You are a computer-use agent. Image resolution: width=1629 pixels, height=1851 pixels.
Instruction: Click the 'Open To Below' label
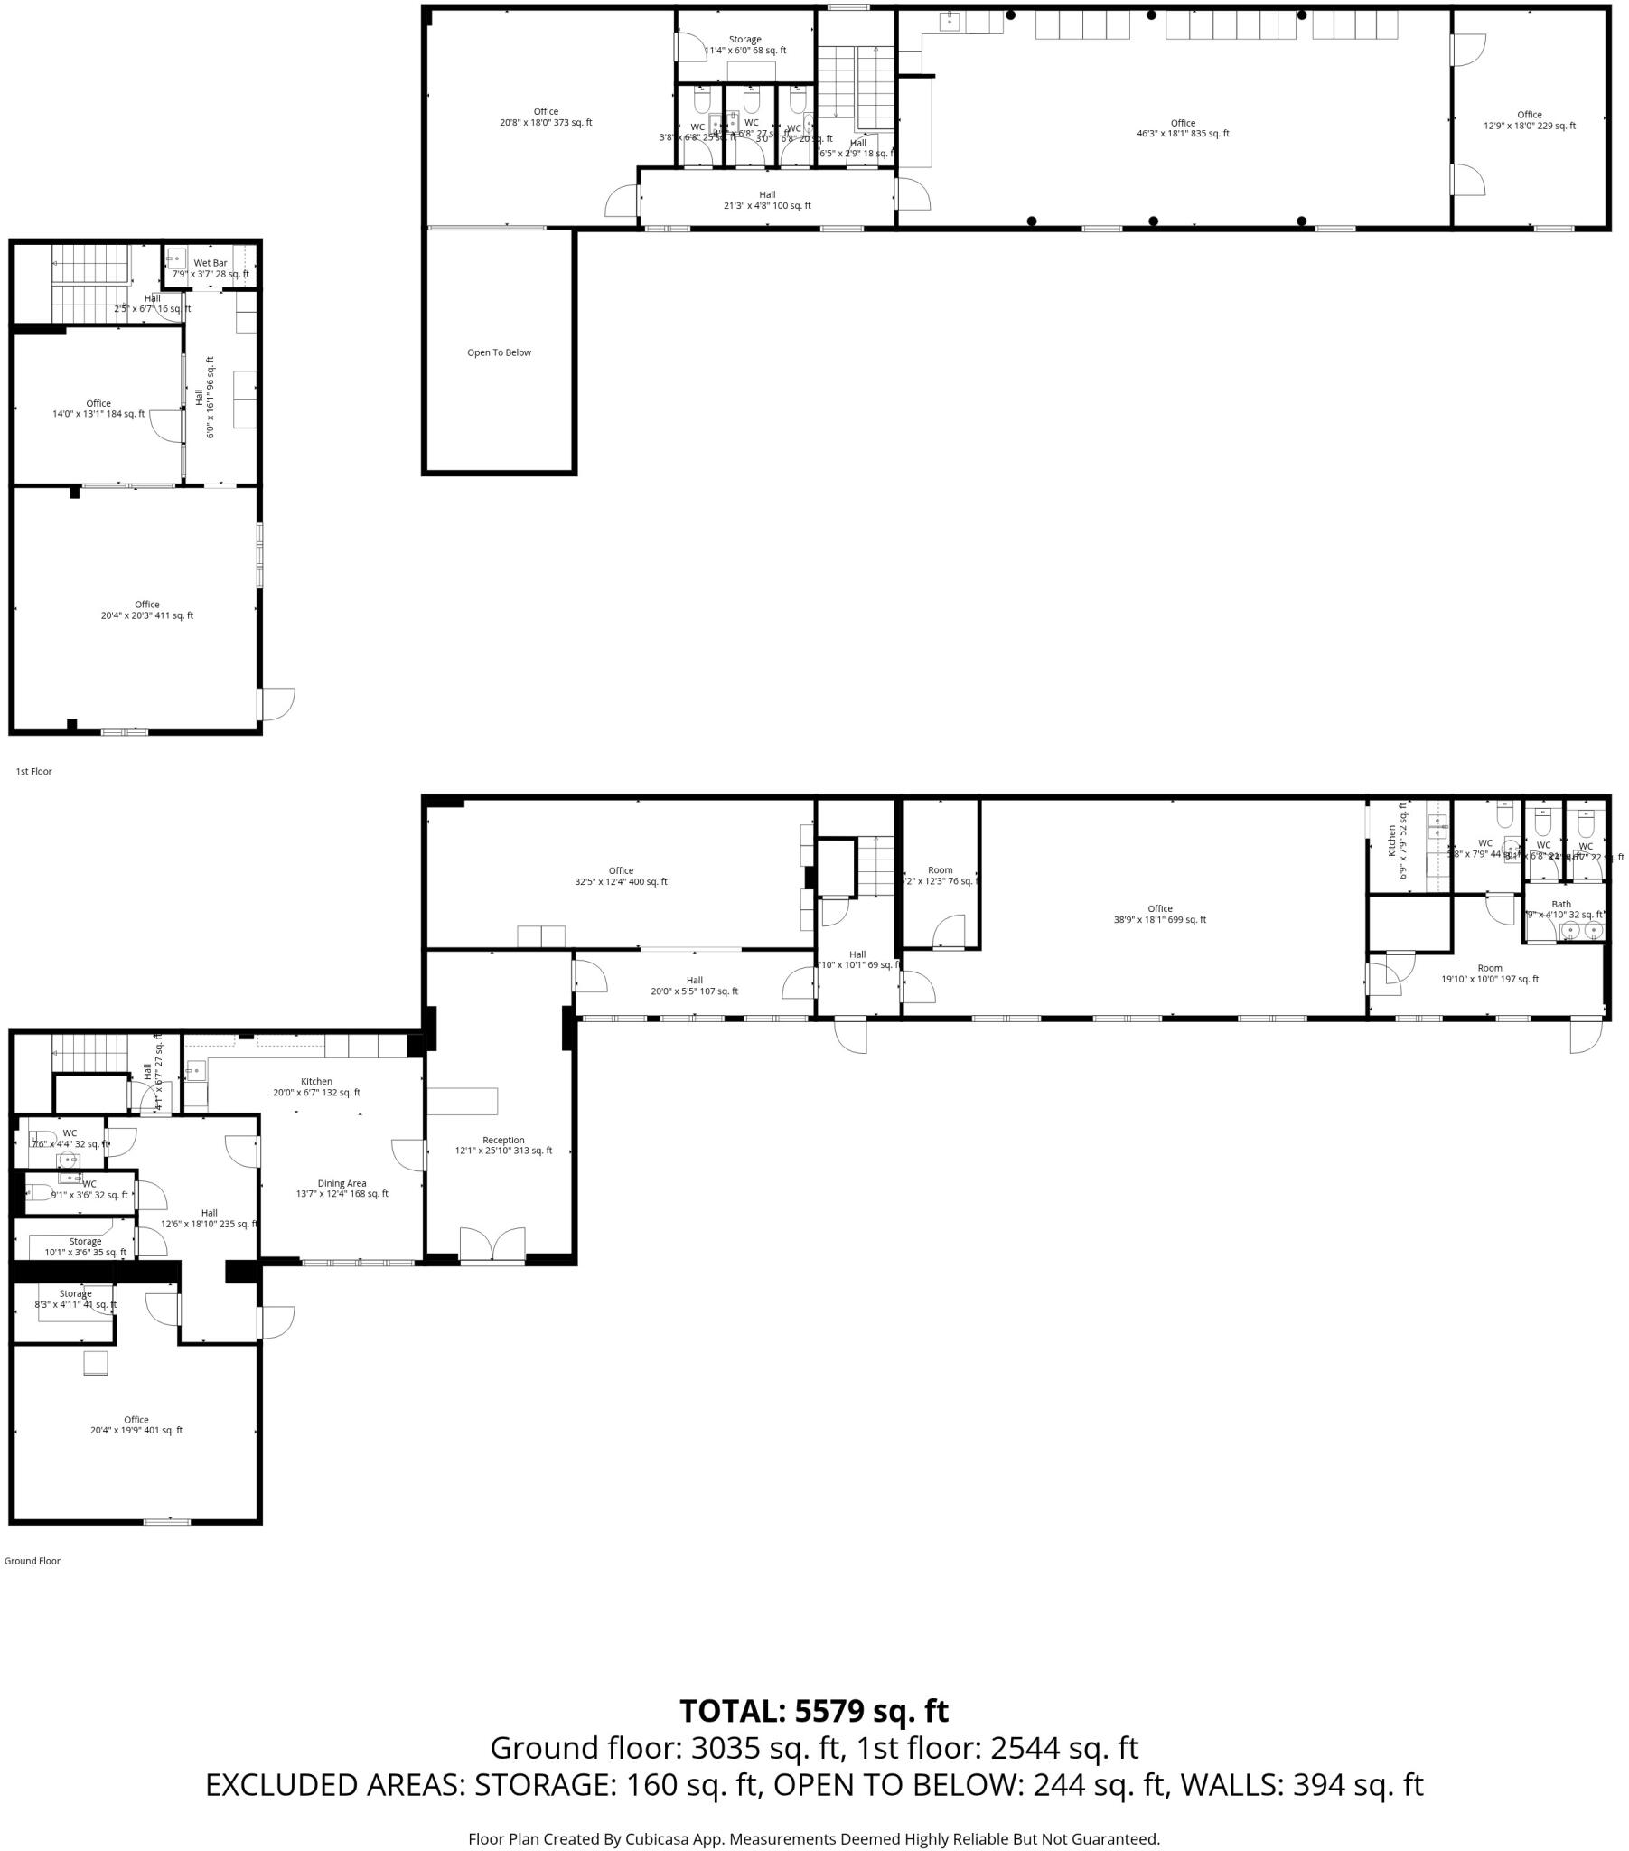[x=499, y=352]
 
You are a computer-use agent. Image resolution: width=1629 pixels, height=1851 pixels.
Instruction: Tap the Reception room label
[x=503, y=1144]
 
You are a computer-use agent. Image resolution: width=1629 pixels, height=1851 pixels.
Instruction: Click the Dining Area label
[x=342, y=1189]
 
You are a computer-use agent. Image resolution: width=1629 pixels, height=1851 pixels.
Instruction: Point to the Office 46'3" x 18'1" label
[x=1183, y=127]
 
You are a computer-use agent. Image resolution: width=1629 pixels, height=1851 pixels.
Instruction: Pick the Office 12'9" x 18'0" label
[x=1530, y=119]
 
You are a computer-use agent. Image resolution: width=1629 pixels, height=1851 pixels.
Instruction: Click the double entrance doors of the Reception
[x=492, y=1245]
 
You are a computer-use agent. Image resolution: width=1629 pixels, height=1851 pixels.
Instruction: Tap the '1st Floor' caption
[x=34, y=772]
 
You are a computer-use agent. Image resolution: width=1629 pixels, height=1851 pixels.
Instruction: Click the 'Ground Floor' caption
[x=33, y=1560]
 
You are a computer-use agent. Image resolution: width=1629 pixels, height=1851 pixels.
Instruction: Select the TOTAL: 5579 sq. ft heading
[x=813, y=1711]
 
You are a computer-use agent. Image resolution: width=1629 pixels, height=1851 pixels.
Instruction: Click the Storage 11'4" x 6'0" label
[x=745, y=44]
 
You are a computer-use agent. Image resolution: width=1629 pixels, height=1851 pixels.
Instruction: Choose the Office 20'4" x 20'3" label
[x=146, y=609]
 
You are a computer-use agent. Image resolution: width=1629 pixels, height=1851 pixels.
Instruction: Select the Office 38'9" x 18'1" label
[x=1159, y=914]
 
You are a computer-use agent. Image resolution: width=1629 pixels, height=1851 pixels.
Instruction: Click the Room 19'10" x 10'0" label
[x=1490, y=972]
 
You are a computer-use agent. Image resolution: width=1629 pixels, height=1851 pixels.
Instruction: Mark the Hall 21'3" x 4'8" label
[x=767, y=200]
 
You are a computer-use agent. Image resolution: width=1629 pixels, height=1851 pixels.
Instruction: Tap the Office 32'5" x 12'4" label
[x=622, y=876]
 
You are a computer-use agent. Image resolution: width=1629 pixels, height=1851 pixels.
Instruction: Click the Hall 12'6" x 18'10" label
[x=210, y=1218]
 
